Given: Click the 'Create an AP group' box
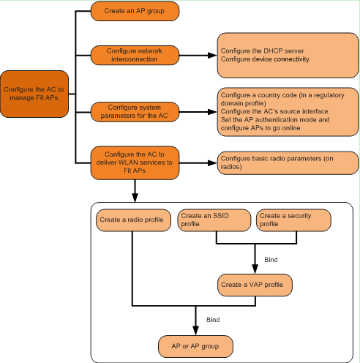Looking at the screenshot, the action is pos(135,11).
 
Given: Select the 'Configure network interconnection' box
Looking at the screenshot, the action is pos(135,55).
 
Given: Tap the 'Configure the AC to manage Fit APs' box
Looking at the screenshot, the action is pos(34,94).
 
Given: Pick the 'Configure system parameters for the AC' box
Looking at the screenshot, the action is pos(135,112).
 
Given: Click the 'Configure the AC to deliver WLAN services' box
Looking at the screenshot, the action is pos(135,162).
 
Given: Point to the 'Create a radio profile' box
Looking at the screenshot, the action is pos(133,220).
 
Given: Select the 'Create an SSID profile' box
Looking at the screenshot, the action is pos(214,220).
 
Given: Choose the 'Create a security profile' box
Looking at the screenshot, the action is pos(293,220).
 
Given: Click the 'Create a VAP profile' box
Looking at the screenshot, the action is pos(255,285).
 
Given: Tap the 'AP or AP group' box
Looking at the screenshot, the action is pos(195,346).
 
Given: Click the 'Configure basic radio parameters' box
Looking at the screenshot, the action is pos(288,163).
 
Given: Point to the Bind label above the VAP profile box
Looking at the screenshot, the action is pos(271,260).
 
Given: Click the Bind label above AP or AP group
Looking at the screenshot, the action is pos(213,320).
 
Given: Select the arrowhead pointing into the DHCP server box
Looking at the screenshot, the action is pos(212,56).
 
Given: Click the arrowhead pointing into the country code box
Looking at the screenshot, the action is pos(212,112).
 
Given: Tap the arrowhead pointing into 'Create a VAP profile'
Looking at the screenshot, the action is pos(255,269).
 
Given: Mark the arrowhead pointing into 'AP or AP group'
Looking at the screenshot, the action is pos(195,331).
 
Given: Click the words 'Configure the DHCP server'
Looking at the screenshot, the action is pos(262,51).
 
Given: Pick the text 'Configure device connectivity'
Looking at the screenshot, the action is pos(265,59).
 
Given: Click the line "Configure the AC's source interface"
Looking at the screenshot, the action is pos(274,111).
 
